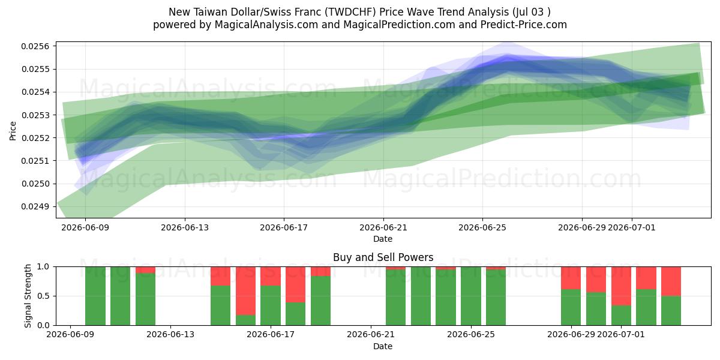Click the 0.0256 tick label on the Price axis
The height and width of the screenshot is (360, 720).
(35, 46)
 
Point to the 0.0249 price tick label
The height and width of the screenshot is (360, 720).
(35, 206)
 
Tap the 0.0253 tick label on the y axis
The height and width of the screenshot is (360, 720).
(35, 115)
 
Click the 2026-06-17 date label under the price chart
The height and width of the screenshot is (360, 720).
(284, 227)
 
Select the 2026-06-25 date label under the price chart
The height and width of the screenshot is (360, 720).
(482, 227)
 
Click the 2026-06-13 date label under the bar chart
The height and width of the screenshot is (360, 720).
(170, 334)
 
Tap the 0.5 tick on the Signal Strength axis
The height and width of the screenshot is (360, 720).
(43, 296)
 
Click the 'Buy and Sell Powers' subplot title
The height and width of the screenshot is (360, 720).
(383, 257)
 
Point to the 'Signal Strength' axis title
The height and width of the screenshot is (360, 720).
(28, 296)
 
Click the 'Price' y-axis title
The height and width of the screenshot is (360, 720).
(13, 131)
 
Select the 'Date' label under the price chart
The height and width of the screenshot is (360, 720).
(383, 239)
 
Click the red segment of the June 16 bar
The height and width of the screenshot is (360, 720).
(245, 291)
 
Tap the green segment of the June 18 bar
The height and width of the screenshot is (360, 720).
(296, 314)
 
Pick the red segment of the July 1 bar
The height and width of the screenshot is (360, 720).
(621, 286)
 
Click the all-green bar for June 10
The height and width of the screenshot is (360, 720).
(95, 296)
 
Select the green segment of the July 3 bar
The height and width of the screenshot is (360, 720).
(671, 311)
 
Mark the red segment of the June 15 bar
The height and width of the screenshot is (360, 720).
(221, 276)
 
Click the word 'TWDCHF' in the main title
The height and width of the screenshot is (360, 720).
(352, 12)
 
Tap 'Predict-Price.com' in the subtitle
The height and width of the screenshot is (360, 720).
(524, 25)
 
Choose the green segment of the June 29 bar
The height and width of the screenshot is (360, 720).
(571, 307)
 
